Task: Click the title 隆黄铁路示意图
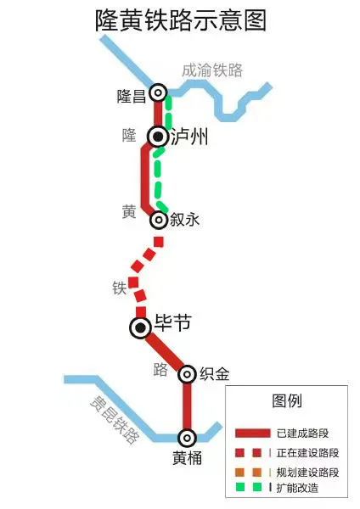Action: tap(180, 21)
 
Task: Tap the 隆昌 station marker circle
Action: tap(157, 92)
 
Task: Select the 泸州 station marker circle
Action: tap(158, 136)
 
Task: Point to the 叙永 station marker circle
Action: tap(158, 220)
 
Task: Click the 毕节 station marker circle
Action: tap(141, 327)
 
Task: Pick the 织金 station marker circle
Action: tap(187, 374)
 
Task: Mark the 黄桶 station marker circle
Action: tap(187, 438)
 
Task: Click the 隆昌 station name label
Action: tap(132, 96)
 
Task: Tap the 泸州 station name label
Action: tap(188, 136)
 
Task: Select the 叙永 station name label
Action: tap(184, 220)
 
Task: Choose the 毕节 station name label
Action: tap(172, 324)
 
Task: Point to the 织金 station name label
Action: tap(214, 374)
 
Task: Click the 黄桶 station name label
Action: tap(187, 459)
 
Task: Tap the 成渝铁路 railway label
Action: tap(212, 70)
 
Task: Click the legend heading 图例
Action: tap(286, 400)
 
